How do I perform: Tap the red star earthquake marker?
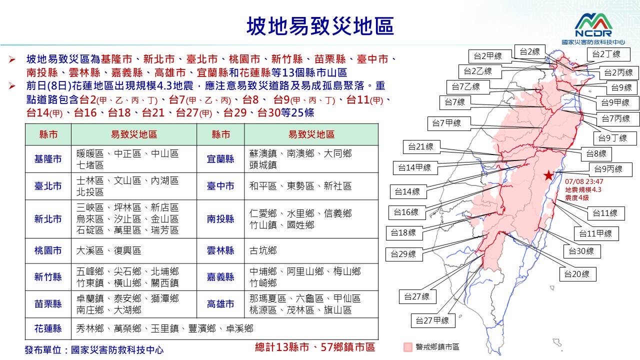[548, 175]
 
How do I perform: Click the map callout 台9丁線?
[612, 138]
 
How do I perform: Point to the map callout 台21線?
[421, 147]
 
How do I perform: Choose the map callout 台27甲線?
[433, 320]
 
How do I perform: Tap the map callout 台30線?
[581, 251]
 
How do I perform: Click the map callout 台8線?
[596, 154]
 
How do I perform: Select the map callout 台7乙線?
[468, 87]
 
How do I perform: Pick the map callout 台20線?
[577, 274]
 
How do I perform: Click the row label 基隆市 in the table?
[48, 159]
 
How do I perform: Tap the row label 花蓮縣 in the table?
[48, 328]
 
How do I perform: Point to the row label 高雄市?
[220, 304]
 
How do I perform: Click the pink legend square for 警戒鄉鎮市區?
[407, 347]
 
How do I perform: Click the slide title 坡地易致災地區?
[320, 26]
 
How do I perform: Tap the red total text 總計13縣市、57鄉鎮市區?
[315, 347]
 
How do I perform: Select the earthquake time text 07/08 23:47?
[584, 181]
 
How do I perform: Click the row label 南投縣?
[220, 219]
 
